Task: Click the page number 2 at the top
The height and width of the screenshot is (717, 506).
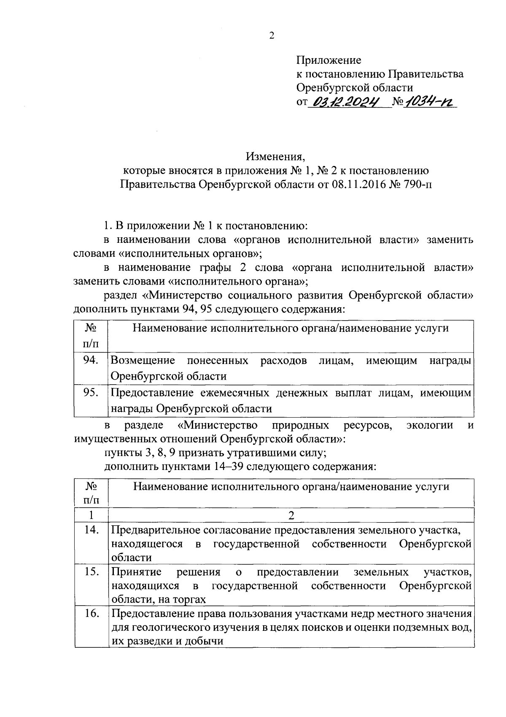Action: (x=272, y=35)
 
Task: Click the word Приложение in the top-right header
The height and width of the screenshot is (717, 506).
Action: (x=328, y=60)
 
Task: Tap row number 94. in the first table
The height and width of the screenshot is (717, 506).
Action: (x=91, y=360)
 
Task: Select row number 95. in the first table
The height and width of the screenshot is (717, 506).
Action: (x=91, y=392)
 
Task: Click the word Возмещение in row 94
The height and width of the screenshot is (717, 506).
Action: (x=143, y=360)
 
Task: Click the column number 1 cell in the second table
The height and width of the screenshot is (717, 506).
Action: (x=91, y=515)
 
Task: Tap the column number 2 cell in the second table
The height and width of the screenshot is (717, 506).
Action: (x=291, y=515)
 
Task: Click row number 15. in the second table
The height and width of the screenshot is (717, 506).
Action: (x=91, y=572)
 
